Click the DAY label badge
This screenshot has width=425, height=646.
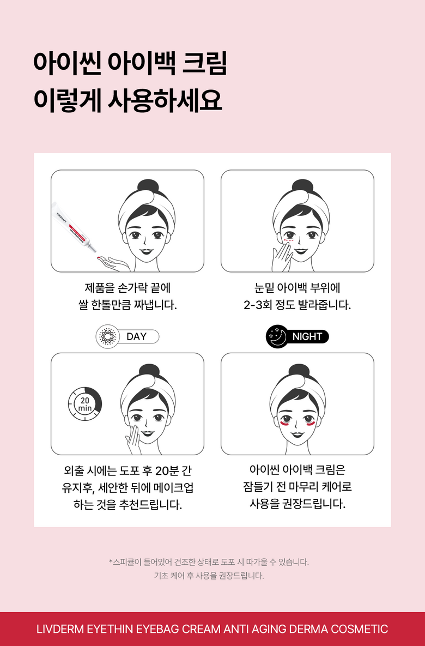pyautogui.click(x=127, y=336)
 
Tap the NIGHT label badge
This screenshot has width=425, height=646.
pyautogui.click(x=297, y=336)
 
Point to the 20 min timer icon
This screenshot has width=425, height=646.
pyautogui.click(x=85, y=404)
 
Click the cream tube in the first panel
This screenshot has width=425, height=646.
pyautogui.click(x=74, y=227)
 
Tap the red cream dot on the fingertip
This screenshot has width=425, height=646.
pyautogui.click(x=99, y=258)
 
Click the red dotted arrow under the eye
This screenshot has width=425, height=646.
pyautogui.click(x=288, y=239)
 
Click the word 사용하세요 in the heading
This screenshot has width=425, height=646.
pyautogui.click(x=165, y=100)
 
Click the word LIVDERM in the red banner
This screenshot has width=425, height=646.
pyautogui.click(x=60, y=629)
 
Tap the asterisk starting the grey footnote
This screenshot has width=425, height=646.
pyautogui.click(x=111, y=561)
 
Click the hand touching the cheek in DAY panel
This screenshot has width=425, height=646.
pyautogui.click(x=133, y=438)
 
